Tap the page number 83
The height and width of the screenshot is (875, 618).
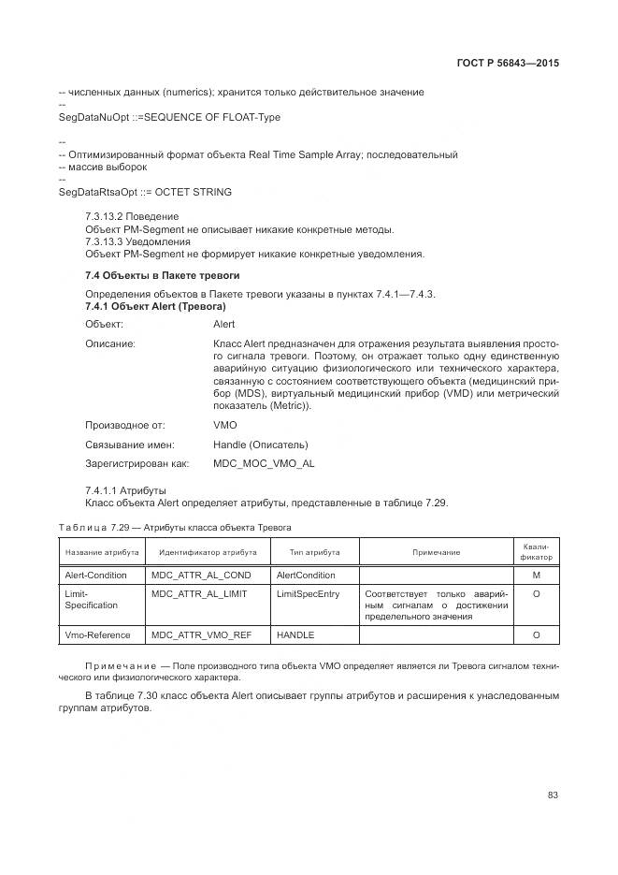[553, 795]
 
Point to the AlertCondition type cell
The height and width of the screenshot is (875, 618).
[306, 575]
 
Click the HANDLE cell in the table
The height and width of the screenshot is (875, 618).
[295, 635]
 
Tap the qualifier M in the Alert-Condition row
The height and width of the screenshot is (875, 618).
[536, 575]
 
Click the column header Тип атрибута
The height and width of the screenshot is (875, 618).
[314, 552]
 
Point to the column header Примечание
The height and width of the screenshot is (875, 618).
[436, 552]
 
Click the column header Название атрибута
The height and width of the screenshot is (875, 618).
[102, 552]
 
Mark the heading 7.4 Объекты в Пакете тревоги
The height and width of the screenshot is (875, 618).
[162, 276]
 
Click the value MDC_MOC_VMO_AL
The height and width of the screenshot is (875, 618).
[264, 463]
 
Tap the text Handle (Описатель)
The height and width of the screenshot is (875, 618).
[260, 445]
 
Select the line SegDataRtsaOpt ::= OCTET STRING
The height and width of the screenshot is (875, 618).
[145, 192]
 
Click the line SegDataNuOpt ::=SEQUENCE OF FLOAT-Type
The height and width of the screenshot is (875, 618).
[169, 117]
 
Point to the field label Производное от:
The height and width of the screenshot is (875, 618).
[124, 425]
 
